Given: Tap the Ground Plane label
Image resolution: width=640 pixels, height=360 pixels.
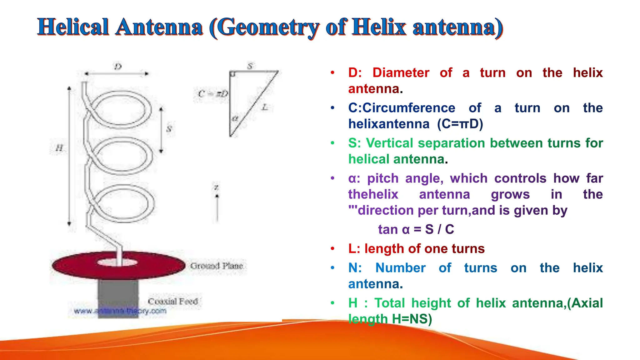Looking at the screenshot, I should (x=217, y=266).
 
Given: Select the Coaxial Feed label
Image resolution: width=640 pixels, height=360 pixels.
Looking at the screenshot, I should (x=173, y=301).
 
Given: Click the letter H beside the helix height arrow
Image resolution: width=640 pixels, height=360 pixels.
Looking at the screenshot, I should (x=59, y=147).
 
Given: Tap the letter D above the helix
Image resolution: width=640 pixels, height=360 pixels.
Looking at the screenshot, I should (x=118, y=67).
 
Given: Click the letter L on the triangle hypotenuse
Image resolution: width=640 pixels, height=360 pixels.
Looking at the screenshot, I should (x=265, y=107).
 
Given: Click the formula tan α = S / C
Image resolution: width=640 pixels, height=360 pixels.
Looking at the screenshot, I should (x=416, y=229).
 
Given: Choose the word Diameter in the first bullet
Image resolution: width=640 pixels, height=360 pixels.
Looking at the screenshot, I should (x=401, y=73).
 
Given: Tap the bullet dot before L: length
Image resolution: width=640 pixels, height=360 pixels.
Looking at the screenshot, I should (x=332, y=249).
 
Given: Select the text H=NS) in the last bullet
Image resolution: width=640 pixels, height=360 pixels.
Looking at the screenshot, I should (x=412, y=319).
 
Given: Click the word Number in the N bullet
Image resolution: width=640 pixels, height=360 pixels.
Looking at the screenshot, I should (x=400, y=268).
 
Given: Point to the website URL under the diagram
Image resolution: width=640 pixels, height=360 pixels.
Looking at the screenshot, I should (x=120, y=311).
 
